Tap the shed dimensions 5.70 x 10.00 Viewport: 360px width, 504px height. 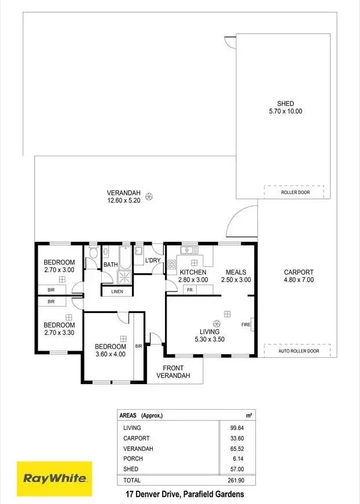click(x=286, y=111)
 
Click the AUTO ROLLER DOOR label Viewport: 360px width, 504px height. click(x=298, y=351)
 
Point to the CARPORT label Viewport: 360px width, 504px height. click(x=298, y=272)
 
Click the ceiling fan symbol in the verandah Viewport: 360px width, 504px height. click(x=149, y=197)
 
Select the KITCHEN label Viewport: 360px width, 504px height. click(x=193, y=272)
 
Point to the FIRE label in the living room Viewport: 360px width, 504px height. click(x=246, y=325)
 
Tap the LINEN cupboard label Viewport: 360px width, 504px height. click(x=117, y=291)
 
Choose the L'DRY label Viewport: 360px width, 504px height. click(x=153, y=260)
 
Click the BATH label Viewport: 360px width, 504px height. click(x=111, y=265)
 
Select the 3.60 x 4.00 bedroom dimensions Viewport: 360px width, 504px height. click(x=110, y=354)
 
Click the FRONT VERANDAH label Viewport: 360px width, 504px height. click(x=173, y=371)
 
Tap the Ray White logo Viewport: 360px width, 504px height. click(x=54, y=478)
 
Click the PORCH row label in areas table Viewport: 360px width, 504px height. click(x=132, y=459)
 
